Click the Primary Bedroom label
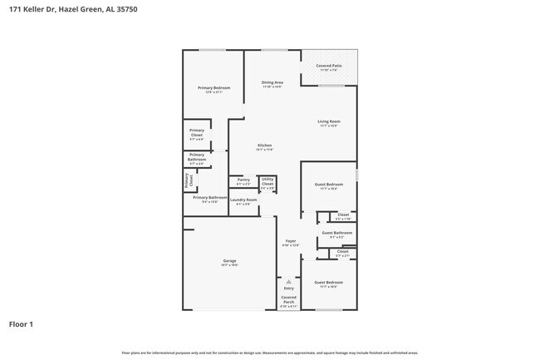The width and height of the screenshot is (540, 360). [x=214, y=88]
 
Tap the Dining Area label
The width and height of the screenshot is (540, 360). [x=272, y=82]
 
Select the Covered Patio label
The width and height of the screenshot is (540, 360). [x=328, y=66]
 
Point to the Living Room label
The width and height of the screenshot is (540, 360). [x=328, y=121]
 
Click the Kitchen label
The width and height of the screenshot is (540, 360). [x=263, y=145]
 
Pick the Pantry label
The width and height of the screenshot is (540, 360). [x=243, y=180]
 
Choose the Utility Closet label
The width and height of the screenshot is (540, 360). [x=268, y=182]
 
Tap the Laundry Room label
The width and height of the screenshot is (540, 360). [x=243, y=200]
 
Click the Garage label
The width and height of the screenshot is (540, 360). [x=229, y=261]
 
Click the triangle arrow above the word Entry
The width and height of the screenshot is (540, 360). [x=288, y=282]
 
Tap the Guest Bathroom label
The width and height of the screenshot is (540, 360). [x=336, y=233]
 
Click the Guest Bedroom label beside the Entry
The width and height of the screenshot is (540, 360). [x=328, y=283]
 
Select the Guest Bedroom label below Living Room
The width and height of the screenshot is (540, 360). [x=328, y=184]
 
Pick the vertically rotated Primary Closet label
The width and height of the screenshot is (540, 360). [x=189, y=180]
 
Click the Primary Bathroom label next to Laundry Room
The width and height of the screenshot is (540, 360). [x=209, y=198]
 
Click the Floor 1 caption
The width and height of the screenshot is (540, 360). [x=22, y=323]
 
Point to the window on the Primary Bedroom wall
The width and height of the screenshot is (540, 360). [x=213, y=50]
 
